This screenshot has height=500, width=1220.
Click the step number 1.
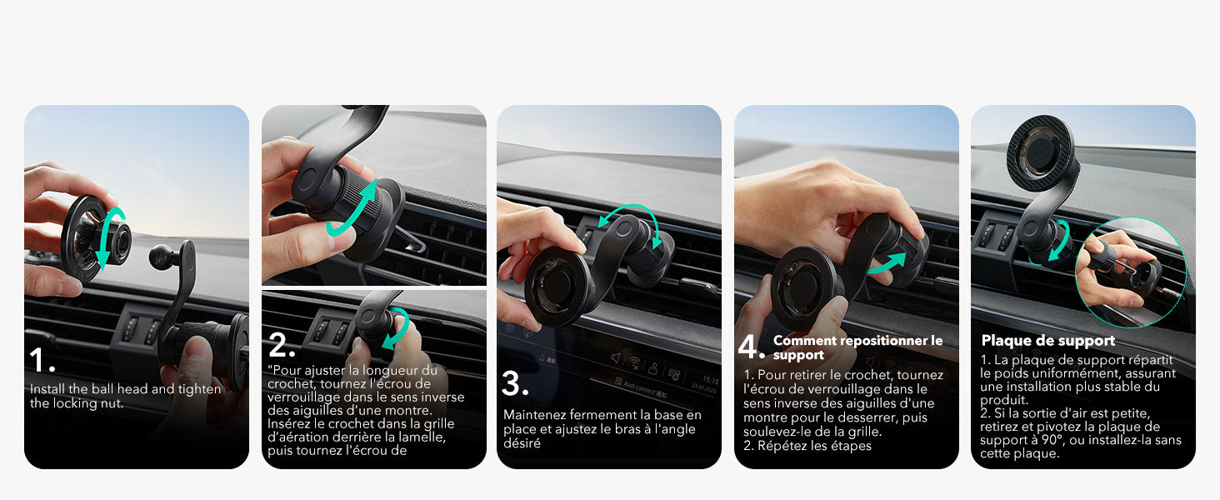(x=41, y=360)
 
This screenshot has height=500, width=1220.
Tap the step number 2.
(x=281, y=345)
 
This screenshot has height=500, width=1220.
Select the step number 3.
(x=515, y=383)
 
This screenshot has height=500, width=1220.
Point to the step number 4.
(x=752, y=347)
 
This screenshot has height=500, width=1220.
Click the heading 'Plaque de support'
(x=1047, y=340)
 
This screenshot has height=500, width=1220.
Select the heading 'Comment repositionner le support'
(x=857, y=347)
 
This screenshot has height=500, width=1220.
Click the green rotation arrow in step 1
(x=106, y=238)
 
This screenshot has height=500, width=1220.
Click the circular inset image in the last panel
(x=1129, y=261)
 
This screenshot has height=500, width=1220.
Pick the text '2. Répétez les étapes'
(x=807, y=446)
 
